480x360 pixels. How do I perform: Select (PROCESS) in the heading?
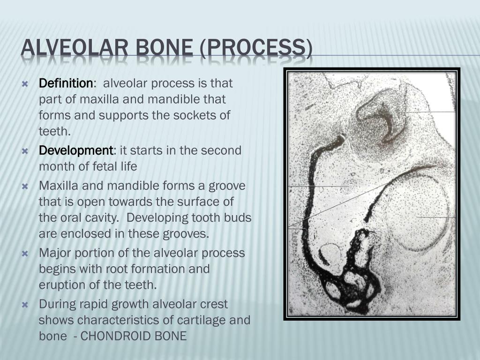tap(256, 49)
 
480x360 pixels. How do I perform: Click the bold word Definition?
tap(66, 83)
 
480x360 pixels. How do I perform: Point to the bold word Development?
tap(75, 150)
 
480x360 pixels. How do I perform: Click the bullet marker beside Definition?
tap(25, 84)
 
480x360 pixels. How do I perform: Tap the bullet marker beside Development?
tap(25, 151)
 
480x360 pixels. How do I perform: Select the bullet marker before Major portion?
tap(25, 254)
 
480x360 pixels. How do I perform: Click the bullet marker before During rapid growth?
tap(25, 305)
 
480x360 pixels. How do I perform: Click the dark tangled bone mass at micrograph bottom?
tap(359, 277)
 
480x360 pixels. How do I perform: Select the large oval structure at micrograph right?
tap(417, 211)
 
